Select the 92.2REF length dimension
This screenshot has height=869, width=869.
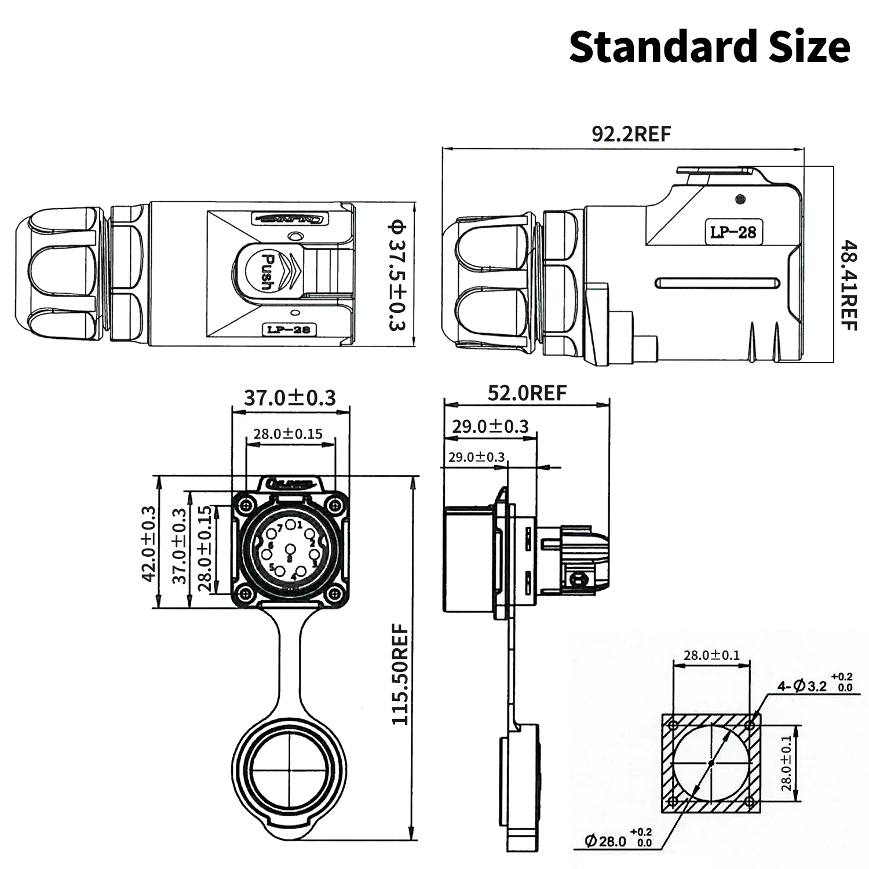coord(631,134)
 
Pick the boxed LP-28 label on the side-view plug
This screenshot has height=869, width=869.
coord(733,232)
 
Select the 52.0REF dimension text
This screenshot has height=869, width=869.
coord(527,393)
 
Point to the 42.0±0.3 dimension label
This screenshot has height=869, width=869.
coord(149,543)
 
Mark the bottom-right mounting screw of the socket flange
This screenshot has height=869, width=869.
coord(334,594)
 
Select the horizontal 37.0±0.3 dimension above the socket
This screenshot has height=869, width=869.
coord(290,398)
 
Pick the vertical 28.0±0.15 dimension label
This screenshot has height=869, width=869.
coord(205,548)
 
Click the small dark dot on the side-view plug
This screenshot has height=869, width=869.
coord(740,199)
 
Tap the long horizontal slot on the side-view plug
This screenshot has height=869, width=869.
coord(717,283)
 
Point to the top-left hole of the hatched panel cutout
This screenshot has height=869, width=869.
coord(673,725)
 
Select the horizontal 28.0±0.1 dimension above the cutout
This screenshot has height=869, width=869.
coord(711,655)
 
